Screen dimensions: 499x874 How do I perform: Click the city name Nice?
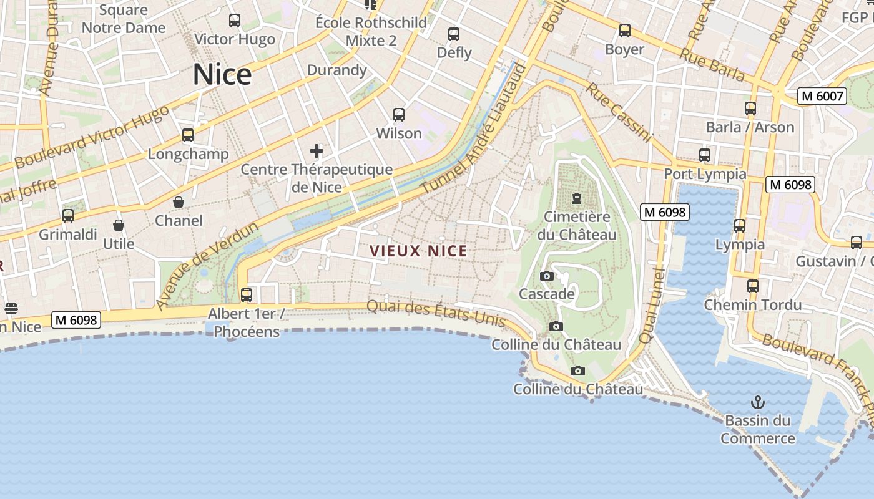coord(222,74)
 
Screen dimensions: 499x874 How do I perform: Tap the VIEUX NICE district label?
coord(418,251)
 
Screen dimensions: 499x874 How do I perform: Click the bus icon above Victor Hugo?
coord(235,21)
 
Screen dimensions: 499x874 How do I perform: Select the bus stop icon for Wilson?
coord(399,115)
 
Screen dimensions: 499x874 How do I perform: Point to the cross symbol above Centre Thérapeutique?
coord(317,150)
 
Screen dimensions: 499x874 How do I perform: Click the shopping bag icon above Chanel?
coord(179,202)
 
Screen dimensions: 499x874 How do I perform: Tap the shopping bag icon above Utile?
coord(119,225)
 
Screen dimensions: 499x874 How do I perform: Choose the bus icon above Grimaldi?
coord(68,216)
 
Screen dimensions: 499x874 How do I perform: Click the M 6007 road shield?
coord(822,96)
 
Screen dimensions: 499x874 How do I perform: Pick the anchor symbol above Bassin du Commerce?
coord(757,402)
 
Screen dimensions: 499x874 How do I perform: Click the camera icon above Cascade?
coord(547,276)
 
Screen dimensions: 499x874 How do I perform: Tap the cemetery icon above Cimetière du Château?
coord(576,198)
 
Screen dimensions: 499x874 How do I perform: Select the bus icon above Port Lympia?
coord(705,155)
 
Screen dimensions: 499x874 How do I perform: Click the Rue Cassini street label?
coord(619,112)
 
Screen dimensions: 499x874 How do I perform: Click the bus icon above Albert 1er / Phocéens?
coord(247,294)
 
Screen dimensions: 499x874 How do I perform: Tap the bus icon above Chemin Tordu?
coord(753,286)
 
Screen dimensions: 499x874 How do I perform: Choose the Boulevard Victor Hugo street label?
coord(91,137)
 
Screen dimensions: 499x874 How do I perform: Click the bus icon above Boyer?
coord(625,31)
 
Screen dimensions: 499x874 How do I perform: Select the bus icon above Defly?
coord(454,34)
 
